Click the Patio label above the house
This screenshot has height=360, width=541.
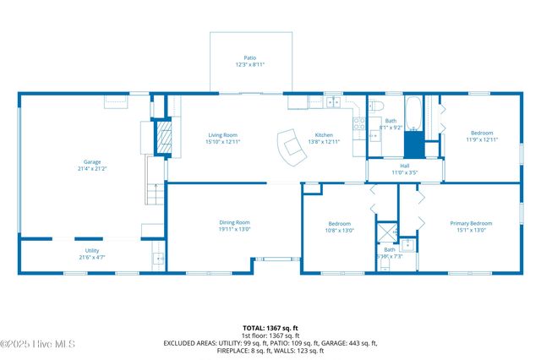click(250, 58)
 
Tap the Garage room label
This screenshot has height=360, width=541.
click(91, 161)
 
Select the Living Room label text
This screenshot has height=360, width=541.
click(223, 135)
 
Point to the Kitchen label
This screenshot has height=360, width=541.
click(324, 135)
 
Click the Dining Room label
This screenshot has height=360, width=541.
click(234, 223)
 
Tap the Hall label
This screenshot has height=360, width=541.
click(404, 166)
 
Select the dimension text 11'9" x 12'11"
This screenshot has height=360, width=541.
click(481, 139)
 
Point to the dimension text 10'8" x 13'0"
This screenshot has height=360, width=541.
click(340, 230)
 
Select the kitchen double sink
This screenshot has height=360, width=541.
click(333, 102)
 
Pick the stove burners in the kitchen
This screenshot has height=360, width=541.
click(358, 127)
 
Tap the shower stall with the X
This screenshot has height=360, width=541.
click(387, 232)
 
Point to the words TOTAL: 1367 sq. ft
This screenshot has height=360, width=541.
click(270, 327)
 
